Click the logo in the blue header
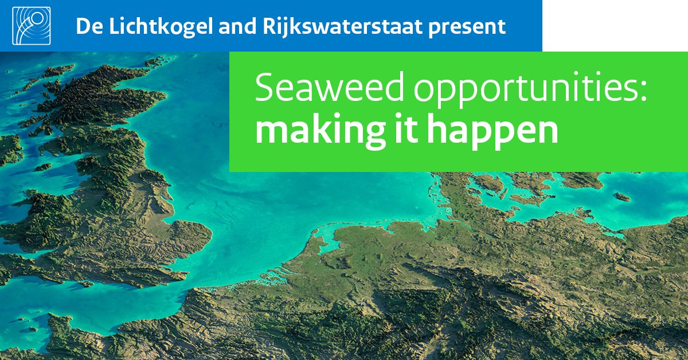tap(31, 26)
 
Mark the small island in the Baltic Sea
tap(623, 197)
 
